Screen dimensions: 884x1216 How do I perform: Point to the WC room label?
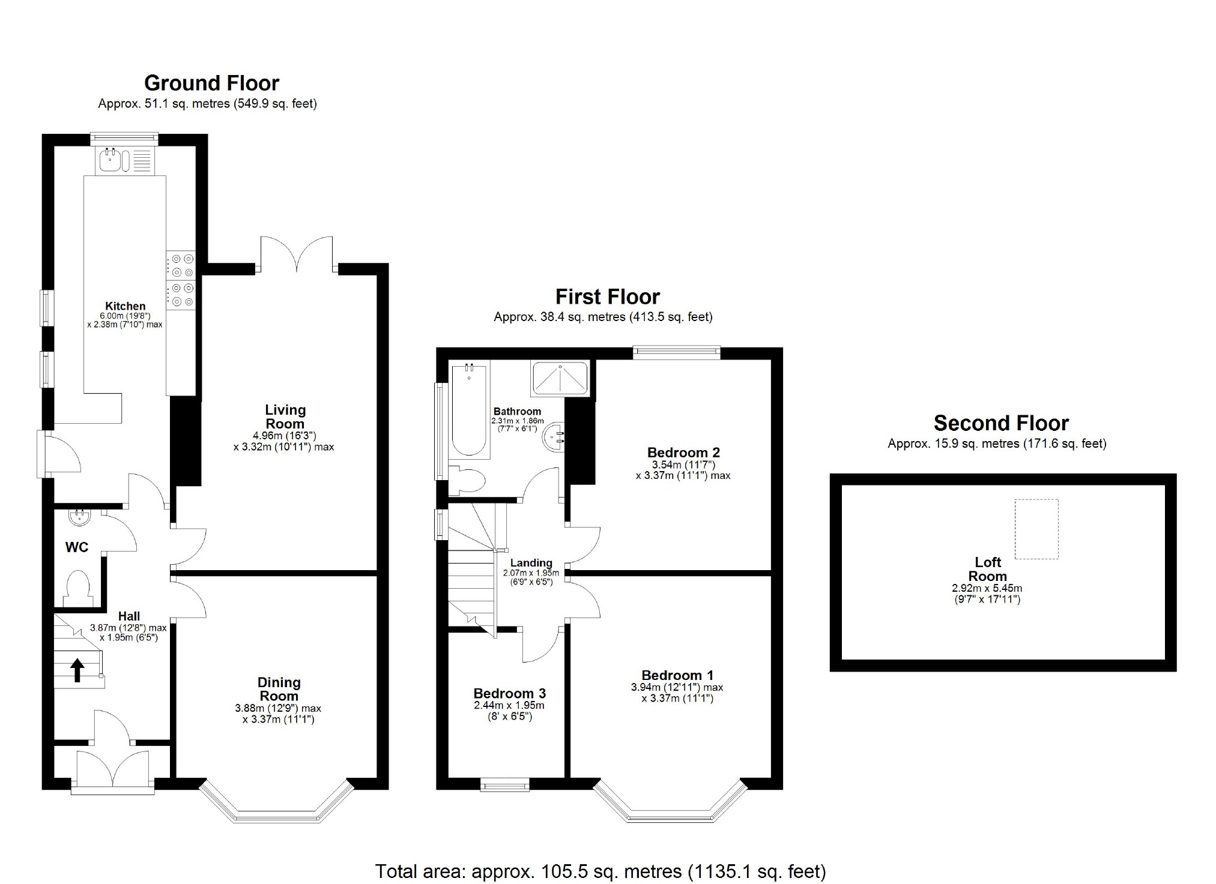77,547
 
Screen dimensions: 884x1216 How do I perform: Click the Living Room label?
285,416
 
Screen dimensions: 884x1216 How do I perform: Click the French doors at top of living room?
297,255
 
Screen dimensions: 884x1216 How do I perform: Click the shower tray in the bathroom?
559,378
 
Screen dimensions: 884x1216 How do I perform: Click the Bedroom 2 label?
683,453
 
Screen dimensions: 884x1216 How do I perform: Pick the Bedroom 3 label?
509,693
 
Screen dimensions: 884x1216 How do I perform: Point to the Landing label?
531,562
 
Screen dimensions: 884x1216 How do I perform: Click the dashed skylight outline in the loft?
1036,529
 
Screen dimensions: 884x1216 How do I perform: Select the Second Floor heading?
1001,423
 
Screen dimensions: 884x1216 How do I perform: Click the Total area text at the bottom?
600,871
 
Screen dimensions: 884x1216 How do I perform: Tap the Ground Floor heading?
211,83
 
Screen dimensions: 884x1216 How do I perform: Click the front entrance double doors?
113,771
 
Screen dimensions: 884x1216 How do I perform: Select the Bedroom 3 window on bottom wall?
504,784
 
